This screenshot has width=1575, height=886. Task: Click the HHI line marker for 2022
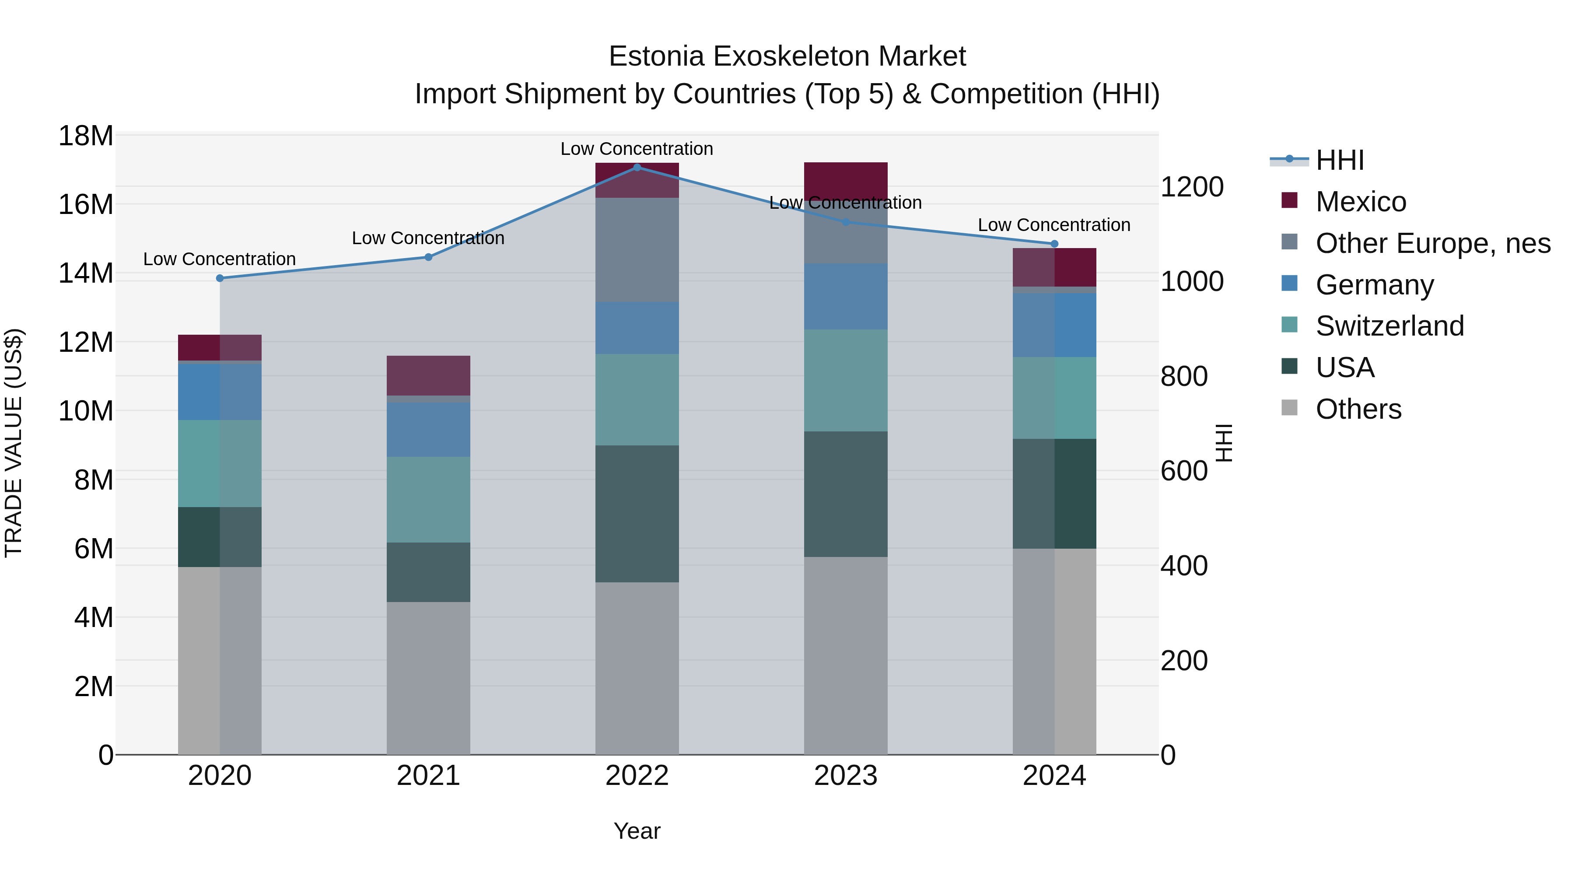[637, 167]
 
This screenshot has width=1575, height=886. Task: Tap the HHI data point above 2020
[220, 278]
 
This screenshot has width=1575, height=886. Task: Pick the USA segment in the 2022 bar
[637, 514]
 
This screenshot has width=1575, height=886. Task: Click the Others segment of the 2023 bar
[846, 655]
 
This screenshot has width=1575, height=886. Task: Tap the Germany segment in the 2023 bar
[846, 297]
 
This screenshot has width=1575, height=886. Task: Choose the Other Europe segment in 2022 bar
[637, 249]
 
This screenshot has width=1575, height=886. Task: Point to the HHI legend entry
[1339, 160]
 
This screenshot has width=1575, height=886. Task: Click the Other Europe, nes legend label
[1432, 243]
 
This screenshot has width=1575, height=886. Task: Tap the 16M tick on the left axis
[86, 204]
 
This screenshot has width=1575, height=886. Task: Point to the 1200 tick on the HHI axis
[1192, 187]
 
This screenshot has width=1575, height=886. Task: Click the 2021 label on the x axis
[428, 776]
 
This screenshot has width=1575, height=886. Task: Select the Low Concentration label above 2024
[1053, 225]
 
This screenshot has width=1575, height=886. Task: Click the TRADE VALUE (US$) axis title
[14, 443]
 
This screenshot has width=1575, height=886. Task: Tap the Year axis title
[637, 831]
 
